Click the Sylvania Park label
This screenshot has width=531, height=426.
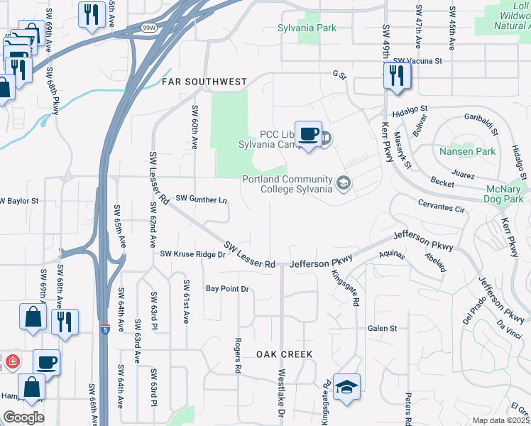[307, 28]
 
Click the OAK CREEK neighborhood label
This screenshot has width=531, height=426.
[284, 354]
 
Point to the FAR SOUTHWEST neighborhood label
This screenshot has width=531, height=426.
[204, 82]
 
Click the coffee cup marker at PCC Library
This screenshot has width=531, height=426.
[308, 133]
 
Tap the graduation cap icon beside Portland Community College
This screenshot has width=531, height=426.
[344, 183]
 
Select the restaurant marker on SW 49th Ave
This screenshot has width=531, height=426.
[397, 75]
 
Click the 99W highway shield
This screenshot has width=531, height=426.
[148, 28]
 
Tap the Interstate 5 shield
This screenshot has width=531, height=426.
[105, 331]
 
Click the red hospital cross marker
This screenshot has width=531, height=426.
[11, 362]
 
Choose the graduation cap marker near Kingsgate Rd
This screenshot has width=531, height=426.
[346, 387]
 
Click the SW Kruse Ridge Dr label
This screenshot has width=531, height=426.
[192, 253]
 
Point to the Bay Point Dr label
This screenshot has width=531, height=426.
[227, 289]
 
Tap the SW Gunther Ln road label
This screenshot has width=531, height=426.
[202, 199]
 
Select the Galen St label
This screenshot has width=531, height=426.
[382, 328]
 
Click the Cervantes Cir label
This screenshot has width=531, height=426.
[440, 209]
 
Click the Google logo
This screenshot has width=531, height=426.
[23, 417]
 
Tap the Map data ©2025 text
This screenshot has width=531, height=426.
[501, 420]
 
